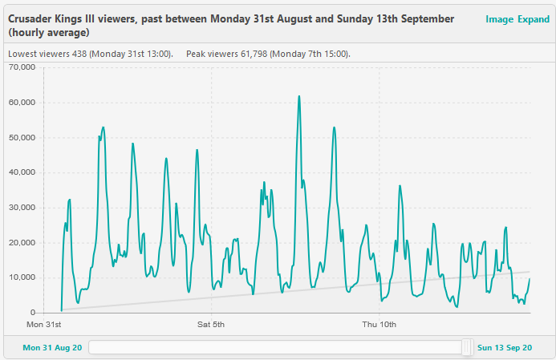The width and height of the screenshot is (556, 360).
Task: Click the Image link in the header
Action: click(499, 19)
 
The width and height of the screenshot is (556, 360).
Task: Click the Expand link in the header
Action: click(534, 19)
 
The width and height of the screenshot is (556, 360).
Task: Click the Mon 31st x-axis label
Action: click(43, 325)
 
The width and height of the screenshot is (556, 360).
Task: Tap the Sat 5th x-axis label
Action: click(211, 325)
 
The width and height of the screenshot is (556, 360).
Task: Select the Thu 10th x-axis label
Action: click(379, 325)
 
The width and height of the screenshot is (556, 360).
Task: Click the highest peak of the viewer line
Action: click(299, 96)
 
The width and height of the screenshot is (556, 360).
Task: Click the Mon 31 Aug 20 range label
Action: click(52, 348)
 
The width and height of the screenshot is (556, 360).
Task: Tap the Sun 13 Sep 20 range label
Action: click(505, 348)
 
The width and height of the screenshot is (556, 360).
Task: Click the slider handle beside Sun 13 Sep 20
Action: click(467, 347)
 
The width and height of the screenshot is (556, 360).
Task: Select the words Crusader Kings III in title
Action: click(46, 18)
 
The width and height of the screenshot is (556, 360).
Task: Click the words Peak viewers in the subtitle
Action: click(207, 54)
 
